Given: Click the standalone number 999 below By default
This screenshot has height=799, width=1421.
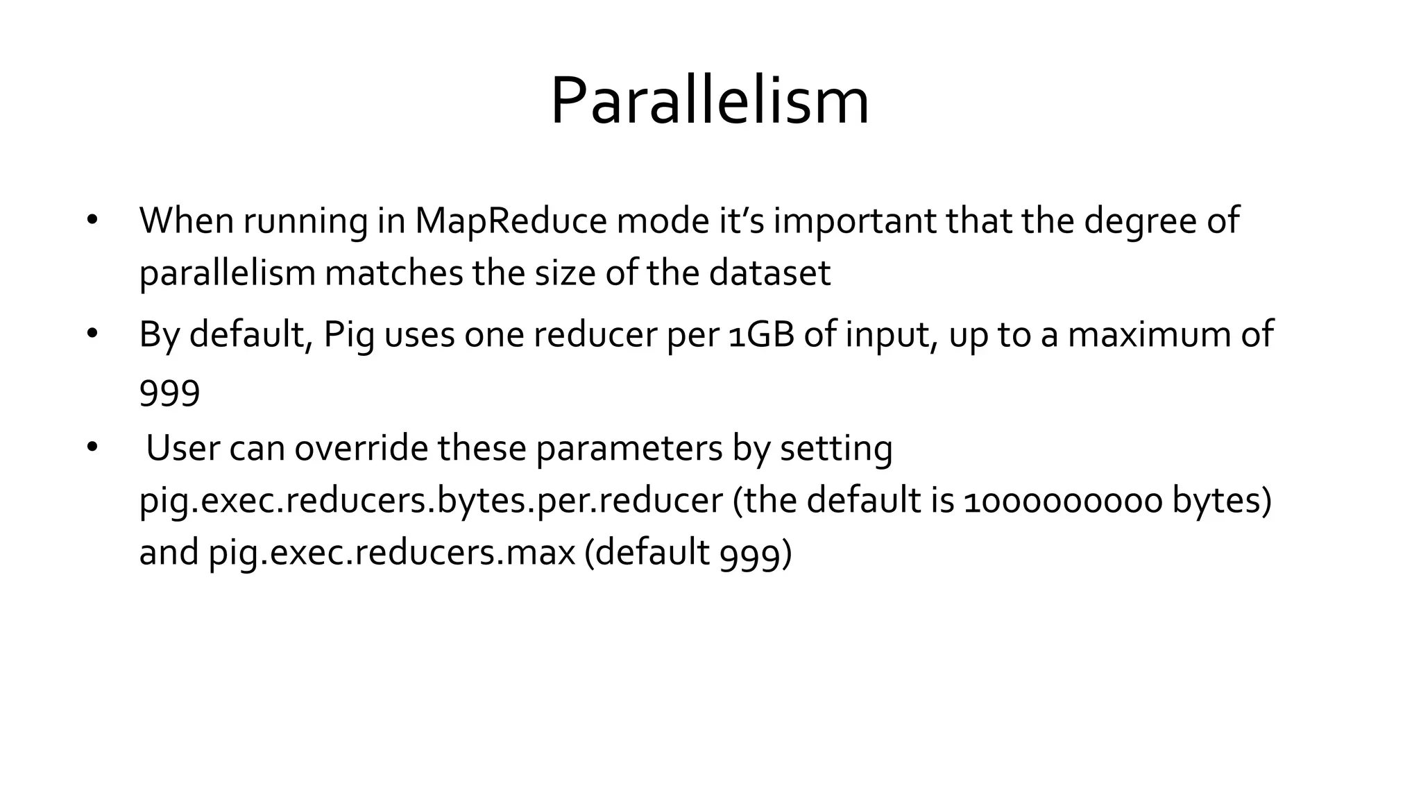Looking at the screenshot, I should click(x=169, y=393).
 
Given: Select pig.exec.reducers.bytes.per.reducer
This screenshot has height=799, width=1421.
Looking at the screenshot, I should click(x=431, y=501).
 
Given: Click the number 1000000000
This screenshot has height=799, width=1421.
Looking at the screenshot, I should click(x=1063, y=501).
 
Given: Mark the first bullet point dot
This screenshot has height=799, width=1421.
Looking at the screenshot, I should click(x=92, y=221).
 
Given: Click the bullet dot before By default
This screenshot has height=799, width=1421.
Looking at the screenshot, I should click(x=92, y=334).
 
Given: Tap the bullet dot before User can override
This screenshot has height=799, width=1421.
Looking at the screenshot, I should click(x=92, y=448).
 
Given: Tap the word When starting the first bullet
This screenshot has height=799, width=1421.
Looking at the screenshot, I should click(x=186, y=221).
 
